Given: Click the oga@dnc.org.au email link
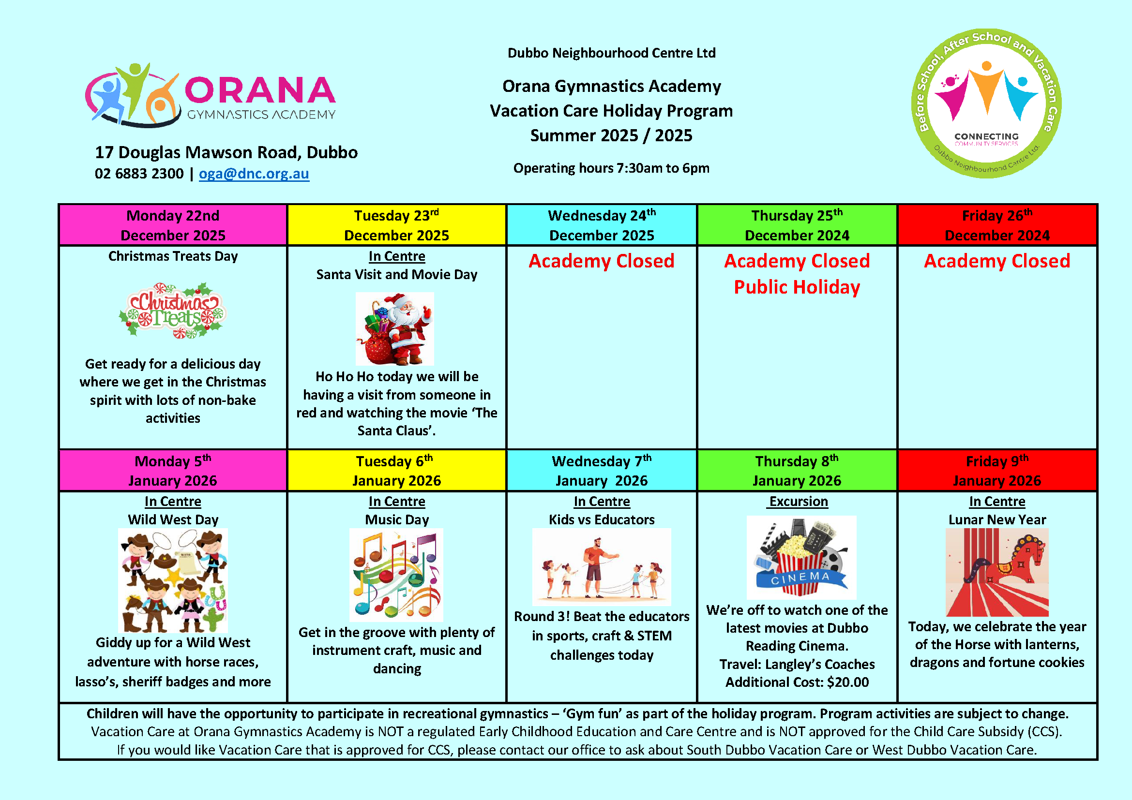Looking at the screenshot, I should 254,174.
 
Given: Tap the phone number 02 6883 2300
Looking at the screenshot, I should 139,174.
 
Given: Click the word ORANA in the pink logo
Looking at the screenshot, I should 260,91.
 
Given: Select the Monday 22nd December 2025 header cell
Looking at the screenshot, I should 173,225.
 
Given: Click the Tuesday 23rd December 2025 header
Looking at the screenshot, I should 396,225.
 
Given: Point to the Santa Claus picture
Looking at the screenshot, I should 395,329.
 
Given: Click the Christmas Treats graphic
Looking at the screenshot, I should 173,311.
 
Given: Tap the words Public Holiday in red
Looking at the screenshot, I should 797,287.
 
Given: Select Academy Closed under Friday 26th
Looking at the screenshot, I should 997,261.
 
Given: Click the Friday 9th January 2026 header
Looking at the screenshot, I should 997,471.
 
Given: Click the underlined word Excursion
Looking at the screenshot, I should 799,502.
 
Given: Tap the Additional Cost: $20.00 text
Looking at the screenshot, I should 797,682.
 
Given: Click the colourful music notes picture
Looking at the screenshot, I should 396,575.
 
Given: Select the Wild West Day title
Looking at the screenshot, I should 173,519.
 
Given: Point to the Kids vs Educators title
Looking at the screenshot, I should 602,519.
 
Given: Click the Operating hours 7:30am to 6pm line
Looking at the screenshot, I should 611,168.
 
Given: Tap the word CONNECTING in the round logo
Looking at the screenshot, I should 986,136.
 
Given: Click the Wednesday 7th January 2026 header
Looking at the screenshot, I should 602,471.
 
